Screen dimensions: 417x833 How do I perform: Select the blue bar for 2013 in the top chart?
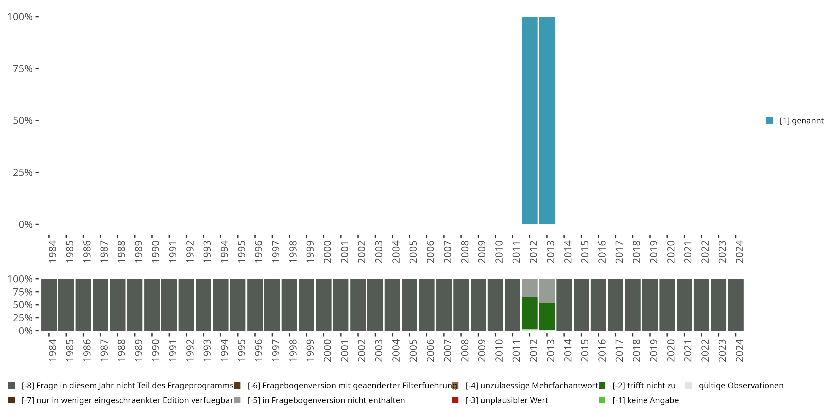pyautogui.click(x=547, y=120)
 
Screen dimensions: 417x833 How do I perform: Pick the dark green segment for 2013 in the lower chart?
pyautogui.click(x=547, y=316)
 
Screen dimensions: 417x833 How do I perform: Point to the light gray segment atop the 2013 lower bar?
pyautogui.click(x=547, y=291)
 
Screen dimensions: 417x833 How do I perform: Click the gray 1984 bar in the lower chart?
pyautogui.click(x=49, y=305)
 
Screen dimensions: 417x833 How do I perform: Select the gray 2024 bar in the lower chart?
pyautogui.click(x=736, y=305)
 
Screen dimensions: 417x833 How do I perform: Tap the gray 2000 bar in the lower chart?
pyautogui.click(x=324, y=305)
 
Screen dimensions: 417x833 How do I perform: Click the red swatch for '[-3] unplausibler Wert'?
pyautogui.click(x=455, y=400)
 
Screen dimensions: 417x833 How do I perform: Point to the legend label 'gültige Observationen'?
pyautogui.click(x=741, y=386)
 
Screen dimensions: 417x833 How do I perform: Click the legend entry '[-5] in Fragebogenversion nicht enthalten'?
pyautogui.click(x=326, y=400)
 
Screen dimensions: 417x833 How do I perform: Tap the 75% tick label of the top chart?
pyautogui.click(x=23, y=69)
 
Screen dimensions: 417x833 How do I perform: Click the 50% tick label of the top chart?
pyautogui.click(x=23, y=120)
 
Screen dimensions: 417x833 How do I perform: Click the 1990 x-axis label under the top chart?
pyautogui.click(x=155, y=252)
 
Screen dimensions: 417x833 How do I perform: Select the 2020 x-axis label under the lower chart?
pyautogui.click(x=671, y=350)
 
